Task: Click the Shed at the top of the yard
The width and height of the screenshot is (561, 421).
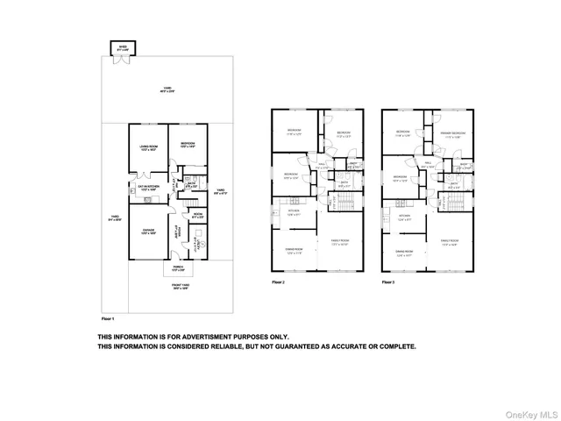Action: click(x=116, y=47)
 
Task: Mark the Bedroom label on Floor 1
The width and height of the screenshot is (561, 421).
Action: click(x=188, y=144)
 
